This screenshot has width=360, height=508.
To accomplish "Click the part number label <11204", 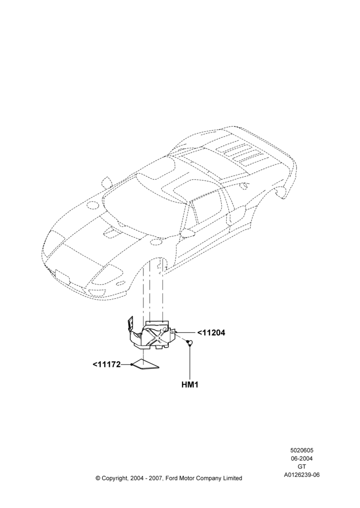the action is [x=211, y=333].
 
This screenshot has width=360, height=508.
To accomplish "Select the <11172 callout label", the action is [x=106, y=364].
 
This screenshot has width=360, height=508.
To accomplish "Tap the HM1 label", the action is [x=190, y=385].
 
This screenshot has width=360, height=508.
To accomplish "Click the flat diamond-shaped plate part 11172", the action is [x=145, y=364].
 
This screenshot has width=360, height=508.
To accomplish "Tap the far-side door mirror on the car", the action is [x=107, y=182].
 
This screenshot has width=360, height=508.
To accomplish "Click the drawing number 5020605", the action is [x=302, y=450].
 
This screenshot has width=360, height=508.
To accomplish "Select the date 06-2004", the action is [x=302, y=458].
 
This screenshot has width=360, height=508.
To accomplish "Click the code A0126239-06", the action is [x=302, y=475].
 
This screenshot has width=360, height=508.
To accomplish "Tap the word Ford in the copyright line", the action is [x=174, y=478].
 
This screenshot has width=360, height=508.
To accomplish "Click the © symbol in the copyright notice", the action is [x=98, y=478].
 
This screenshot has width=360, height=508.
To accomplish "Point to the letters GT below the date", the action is [x=302, y=467].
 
